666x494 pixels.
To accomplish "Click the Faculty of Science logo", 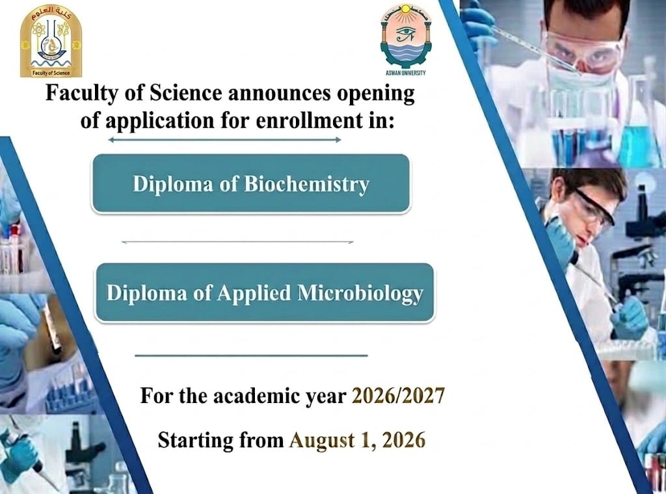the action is (51, 41).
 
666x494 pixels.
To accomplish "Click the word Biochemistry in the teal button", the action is (306, 184).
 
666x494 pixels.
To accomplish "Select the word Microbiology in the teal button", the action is (360, 294).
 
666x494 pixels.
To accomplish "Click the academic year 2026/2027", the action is (399, 396).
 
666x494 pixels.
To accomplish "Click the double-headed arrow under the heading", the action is (224, 140).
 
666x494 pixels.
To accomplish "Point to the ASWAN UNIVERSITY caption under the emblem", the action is (406, 73).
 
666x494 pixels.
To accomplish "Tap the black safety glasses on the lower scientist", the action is (594, 208).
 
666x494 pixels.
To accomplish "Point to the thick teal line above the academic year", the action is (251, 355).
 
